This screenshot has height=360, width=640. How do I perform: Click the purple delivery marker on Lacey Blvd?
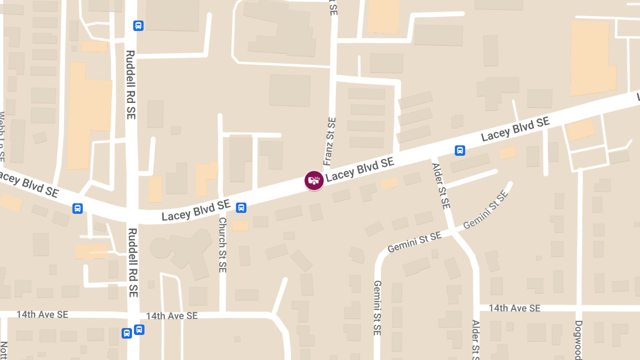(x=314, y=180)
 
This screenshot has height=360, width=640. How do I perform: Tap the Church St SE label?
(x=222, y=245)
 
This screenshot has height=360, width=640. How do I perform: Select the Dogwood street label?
(x=579, y=340)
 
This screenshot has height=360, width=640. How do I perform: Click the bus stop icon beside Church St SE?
(x=241, y=207)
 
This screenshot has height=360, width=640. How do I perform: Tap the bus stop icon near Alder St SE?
(x=460, y=150)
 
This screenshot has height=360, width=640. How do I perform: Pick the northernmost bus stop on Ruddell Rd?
(x=138, y=26)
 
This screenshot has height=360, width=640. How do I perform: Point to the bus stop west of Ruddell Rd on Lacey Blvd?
(x=77, y=208)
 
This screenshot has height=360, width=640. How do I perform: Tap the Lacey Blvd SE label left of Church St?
(x=196, y=211)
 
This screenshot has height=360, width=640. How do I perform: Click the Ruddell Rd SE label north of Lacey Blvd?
(x=131, y=84)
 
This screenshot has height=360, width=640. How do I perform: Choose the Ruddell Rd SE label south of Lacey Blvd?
(x=132, y=262)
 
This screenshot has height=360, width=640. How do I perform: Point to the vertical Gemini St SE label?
(x=377, y=308)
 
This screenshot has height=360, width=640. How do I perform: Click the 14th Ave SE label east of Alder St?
(x=514, y=308)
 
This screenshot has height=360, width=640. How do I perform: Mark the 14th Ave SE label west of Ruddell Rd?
(x=42, y=315)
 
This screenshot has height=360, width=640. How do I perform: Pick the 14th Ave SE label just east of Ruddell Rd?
(x=172, y=316)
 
